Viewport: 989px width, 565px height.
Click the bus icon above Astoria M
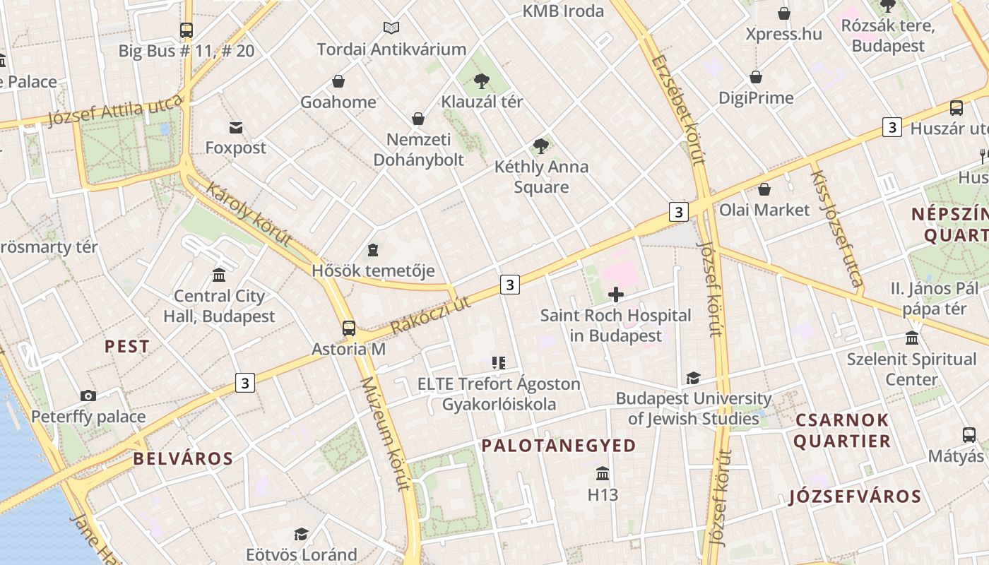pos(348,328)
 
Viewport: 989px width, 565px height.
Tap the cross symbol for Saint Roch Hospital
pos(616,295)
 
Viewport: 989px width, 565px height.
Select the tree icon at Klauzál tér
pos(482,81)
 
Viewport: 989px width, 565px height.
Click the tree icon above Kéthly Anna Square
pos(541,146)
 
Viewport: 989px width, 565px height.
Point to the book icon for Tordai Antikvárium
pos(391,28)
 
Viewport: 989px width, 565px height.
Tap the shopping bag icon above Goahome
pos(338,81)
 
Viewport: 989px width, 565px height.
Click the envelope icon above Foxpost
pos(236,128)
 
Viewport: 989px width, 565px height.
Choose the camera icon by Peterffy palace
pos(88,395)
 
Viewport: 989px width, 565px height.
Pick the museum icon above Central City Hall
pos(219,275)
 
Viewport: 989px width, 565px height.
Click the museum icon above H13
pos(603,473)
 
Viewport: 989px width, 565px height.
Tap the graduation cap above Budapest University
pos(693,379)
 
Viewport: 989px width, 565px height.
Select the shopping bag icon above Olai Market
pos(764,189)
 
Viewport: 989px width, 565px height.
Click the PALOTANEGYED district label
pos(559,446)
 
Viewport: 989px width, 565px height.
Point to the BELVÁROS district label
pos(183,459)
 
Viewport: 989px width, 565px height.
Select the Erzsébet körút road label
pos(679,109)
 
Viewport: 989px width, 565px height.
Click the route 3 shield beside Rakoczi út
pos(509,285)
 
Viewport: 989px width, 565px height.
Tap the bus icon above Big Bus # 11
pos(186,30)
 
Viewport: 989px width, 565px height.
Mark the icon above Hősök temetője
pos(372,250)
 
